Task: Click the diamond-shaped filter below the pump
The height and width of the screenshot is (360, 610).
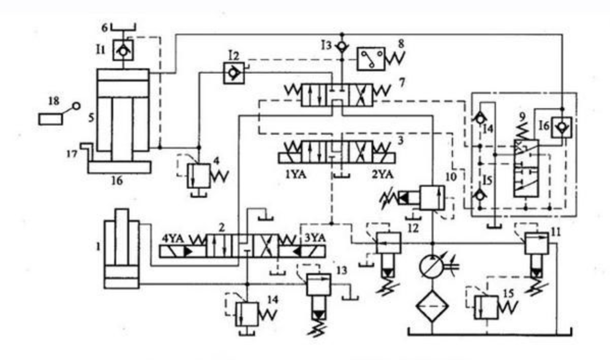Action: coord(431,305)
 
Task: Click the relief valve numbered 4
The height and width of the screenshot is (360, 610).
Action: coord(199,174)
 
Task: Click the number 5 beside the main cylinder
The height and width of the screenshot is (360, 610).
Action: coord(90,118)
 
